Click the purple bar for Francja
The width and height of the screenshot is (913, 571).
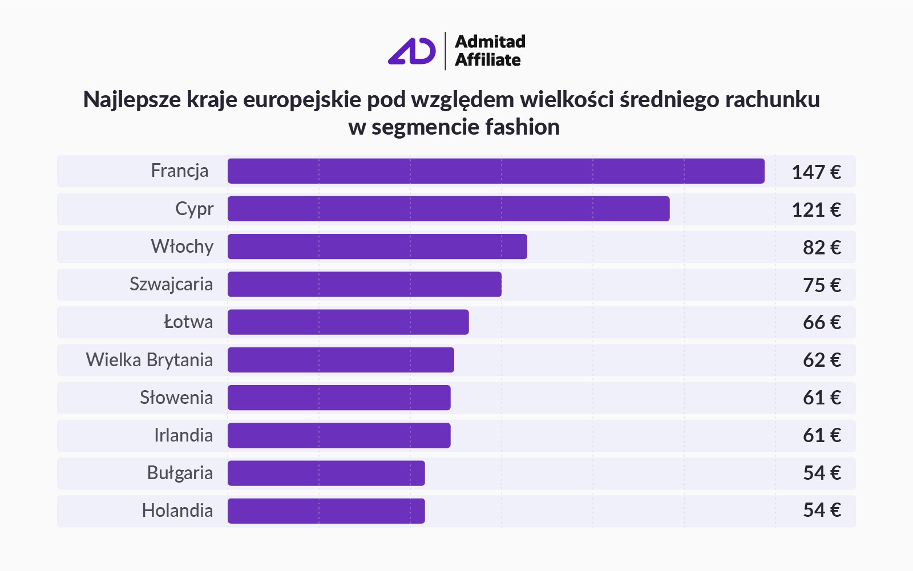point(496,171)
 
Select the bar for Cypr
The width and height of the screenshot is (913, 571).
point(449,209)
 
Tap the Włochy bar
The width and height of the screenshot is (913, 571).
point(377,246)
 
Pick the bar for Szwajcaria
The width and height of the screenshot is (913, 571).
point(365,284)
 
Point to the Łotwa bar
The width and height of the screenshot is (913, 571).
point(348,322)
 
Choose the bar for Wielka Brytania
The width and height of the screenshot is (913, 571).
point(341,360)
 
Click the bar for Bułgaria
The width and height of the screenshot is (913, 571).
point(326,473)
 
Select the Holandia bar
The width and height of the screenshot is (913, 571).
point(326,511)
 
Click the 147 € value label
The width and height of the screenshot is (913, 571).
point(816,172)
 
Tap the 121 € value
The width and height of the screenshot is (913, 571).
point(816,210)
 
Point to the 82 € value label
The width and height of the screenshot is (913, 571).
point(822,248)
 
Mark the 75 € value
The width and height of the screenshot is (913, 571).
point(822,285)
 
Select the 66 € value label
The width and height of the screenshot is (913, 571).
point(822,323)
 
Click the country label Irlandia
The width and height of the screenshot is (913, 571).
point(183,435)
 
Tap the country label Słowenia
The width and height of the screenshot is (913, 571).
point(176,398)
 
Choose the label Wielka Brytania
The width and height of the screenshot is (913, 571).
point(150,360)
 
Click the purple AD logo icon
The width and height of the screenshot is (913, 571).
point(412,51)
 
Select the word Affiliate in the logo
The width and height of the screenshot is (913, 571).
point(488,60)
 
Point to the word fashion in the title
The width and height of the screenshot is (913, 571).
point(523,127)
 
